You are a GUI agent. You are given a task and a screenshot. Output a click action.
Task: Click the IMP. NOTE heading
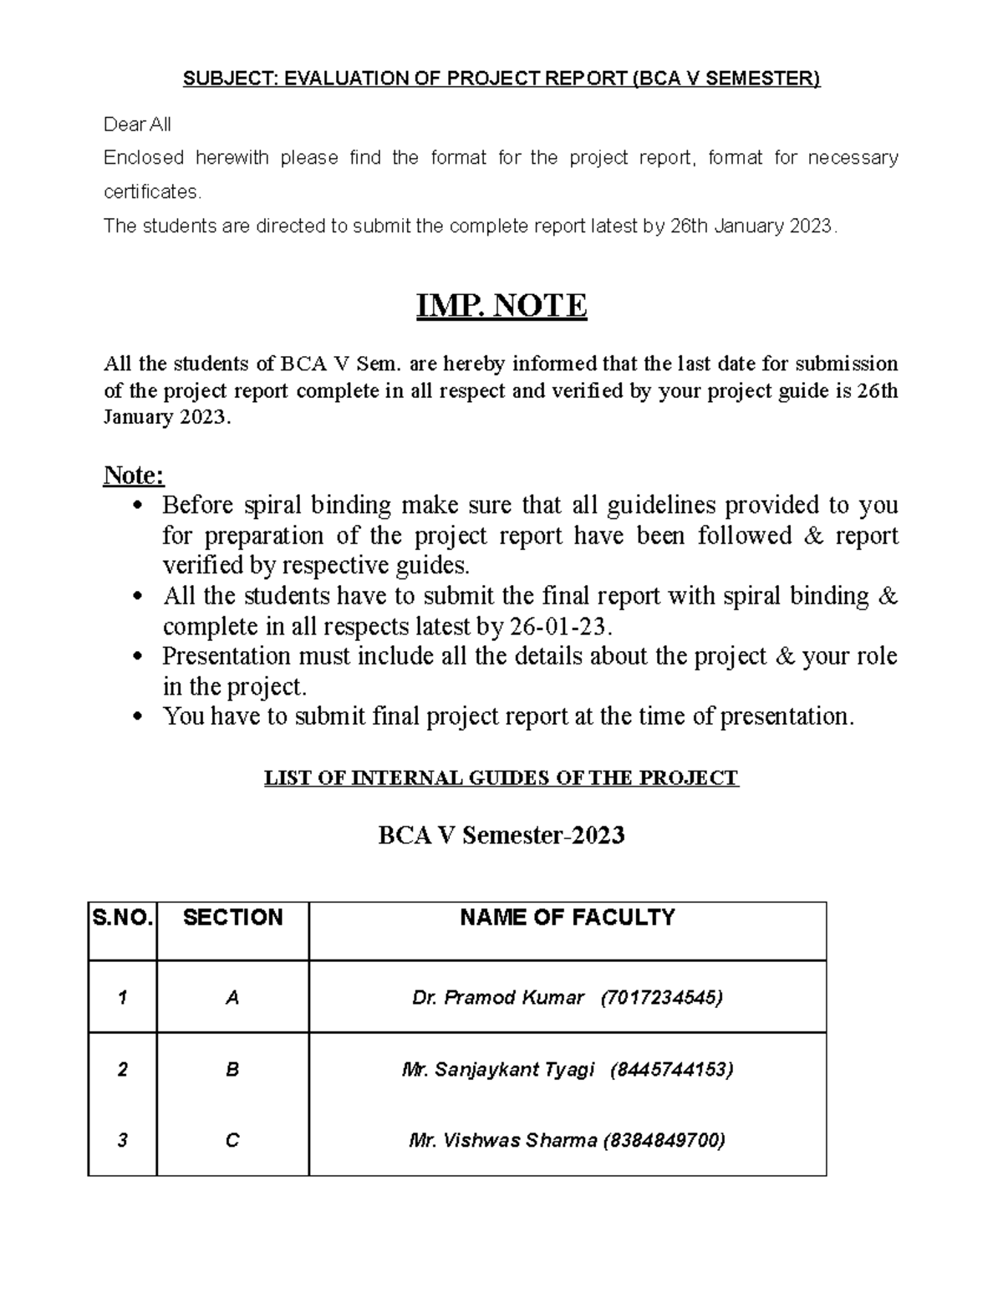point(501,306)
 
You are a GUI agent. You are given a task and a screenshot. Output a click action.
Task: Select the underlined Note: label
point(134,476)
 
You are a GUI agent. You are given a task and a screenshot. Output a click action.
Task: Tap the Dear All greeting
point(137,125)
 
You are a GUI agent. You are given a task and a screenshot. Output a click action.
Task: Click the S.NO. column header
point(123,918)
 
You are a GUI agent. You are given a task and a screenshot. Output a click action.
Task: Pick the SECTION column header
point(232,918)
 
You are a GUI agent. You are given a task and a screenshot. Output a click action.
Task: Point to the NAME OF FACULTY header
point(568,918)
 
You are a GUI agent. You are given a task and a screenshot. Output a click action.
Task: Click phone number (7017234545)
point(662,997)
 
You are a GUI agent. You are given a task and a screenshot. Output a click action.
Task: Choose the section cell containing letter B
point(232,1069)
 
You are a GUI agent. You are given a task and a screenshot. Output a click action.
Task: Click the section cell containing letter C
point(232,1140)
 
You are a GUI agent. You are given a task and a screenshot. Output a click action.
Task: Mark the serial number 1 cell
point(123,997)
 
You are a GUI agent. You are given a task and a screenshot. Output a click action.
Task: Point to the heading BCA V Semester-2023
point(501,835)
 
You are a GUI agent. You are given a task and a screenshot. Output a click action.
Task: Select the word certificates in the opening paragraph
point(151,191)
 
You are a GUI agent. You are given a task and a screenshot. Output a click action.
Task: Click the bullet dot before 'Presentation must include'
point(140,657)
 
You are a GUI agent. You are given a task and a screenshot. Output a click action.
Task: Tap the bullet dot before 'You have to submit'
point(140,717)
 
